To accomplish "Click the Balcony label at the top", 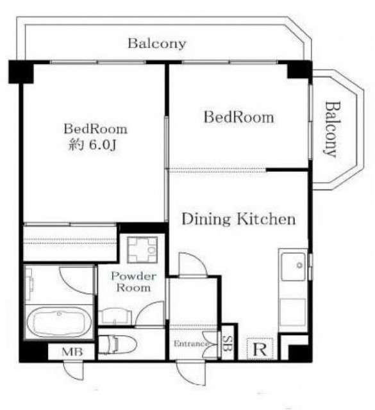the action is click(157, 44).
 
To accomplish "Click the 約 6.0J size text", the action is click(92, 145).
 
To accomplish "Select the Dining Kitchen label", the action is click(238, 219).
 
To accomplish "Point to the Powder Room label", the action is click(134, 282).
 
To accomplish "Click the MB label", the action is click(72, 352).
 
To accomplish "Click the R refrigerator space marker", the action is click(260, 348).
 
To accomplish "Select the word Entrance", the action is click(191, 343).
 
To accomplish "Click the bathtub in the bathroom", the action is click(60, 323).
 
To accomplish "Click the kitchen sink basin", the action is click(294, 266).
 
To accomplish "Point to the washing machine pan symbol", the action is click(142, 250).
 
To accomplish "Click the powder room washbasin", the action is click(115, 317).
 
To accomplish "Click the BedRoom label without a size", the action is click(238, 117).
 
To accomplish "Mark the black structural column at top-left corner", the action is click(21, 72).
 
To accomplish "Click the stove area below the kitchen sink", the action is click(293, 312).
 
